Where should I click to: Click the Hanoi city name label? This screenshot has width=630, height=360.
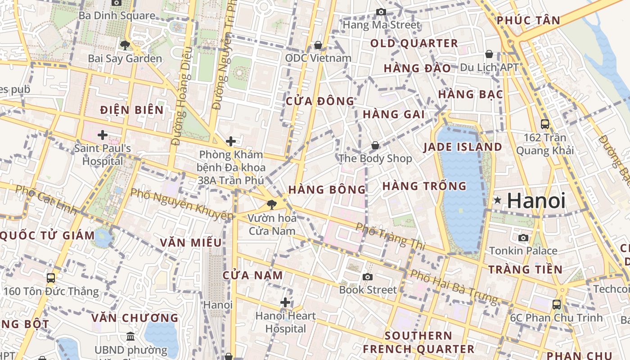click(535, 201)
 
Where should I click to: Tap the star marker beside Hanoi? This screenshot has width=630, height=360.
click(497, 200)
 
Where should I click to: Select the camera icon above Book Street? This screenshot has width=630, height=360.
click(368, 277)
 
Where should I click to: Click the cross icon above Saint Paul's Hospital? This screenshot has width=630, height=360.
click(103, 135)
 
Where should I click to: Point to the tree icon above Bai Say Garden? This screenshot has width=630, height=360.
click(125, 45)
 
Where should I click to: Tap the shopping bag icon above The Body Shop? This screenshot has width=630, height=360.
click(375, 145)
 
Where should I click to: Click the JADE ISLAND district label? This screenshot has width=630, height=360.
click(463, 147)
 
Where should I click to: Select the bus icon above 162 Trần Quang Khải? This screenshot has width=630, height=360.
click(544, 124)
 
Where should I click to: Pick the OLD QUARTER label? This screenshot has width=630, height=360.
click(414, 44)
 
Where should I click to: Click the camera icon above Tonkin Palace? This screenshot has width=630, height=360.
click(523, 238)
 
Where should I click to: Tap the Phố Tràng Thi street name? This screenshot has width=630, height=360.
click(390, 235)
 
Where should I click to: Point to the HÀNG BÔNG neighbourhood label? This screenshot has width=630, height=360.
click(327, 189)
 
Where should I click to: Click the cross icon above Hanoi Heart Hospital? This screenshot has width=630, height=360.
click(285, 302)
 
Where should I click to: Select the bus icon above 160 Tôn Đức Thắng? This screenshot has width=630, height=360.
click(50, 278)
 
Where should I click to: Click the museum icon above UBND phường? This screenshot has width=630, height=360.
click(130, 336)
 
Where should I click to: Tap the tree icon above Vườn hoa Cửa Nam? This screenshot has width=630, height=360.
click(271, 205)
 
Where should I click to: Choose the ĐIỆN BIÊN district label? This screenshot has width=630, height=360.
click(132, 110)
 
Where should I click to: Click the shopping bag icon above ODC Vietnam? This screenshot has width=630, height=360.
click(318, 45)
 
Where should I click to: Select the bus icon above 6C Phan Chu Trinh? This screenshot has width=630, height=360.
click(557, 304)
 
